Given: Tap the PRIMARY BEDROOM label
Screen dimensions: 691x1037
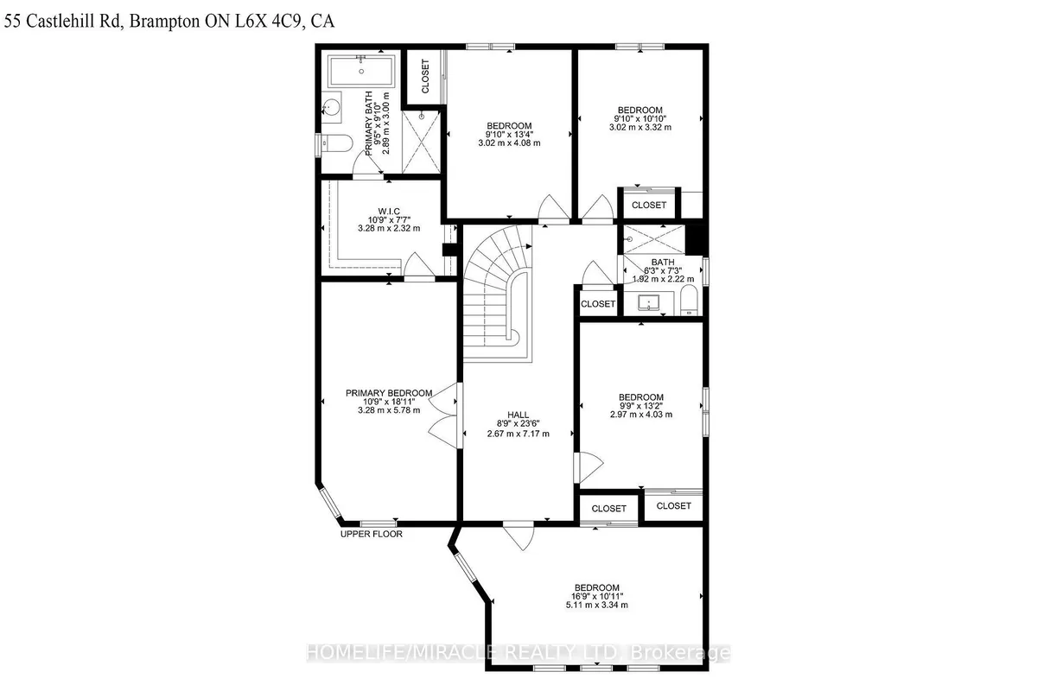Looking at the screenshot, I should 389,393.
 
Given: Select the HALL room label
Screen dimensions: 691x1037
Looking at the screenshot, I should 519,413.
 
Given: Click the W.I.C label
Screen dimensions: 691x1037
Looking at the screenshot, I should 389,211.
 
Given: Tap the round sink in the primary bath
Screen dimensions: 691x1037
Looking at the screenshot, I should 333,108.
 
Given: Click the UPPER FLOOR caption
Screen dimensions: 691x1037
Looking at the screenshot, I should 372,534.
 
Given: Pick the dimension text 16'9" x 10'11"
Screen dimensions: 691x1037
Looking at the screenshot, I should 596,596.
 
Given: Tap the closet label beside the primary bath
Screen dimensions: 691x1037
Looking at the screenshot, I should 425,75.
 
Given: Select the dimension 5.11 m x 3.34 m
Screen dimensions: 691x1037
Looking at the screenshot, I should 596,605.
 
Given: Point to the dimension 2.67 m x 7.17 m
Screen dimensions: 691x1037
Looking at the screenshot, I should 519,434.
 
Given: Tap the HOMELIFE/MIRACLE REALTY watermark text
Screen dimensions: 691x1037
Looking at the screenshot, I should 518,653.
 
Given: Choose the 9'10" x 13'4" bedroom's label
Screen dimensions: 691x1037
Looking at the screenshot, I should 509,125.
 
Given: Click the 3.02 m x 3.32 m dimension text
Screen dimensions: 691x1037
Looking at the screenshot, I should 639,128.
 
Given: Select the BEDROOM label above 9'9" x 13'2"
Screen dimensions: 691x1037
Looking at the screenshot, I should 640,397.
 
